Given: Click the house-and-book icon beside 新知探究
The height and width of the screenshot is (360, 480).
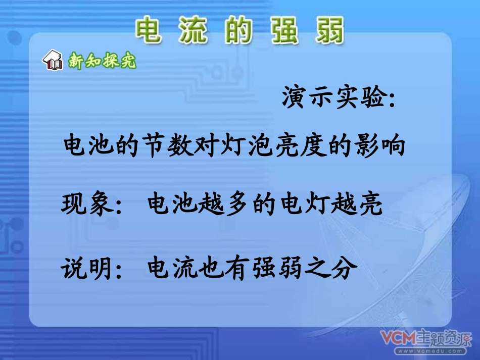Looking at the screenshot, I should coord(53,61).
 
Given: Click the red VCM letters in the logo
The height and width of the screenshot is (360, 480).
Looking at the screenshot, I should coord(398,337).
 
